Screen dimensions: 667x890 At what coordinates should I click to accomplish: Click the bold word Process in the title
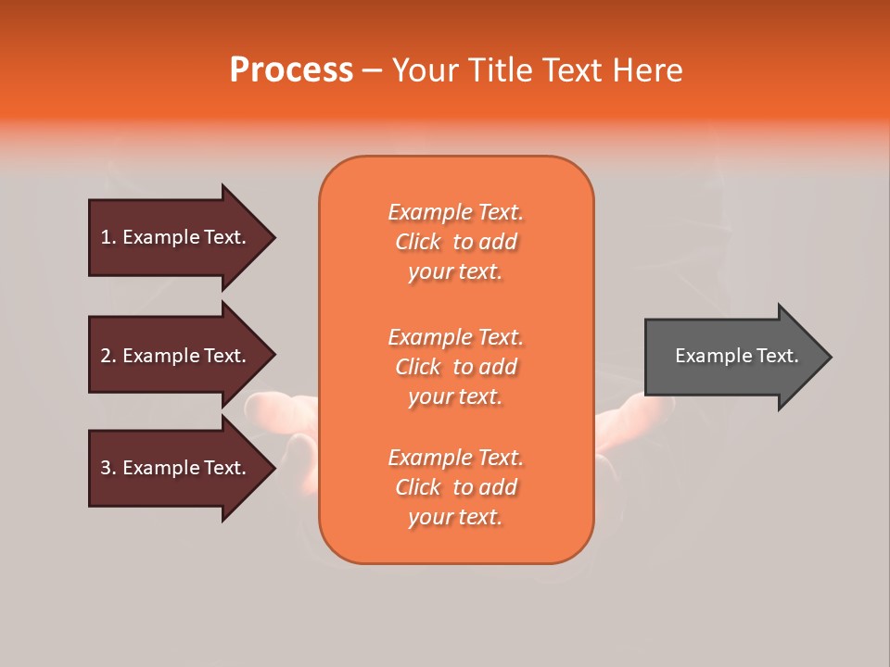pos(291,69)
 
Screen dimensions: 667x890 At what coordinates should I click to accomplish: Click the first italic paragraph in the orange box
pos(455,242)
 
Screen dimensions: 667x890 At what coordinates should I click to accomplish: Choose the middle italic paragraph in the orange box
pos(455,367)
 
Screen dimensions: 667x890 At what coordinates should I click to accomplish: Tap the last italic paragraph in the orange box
pos(455,487)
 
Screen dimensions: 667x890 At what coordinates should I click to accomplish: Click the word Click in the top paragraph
pos(417,242)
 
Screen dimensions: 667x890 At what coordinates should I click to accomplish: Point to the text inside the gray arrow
pos(736,356)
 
